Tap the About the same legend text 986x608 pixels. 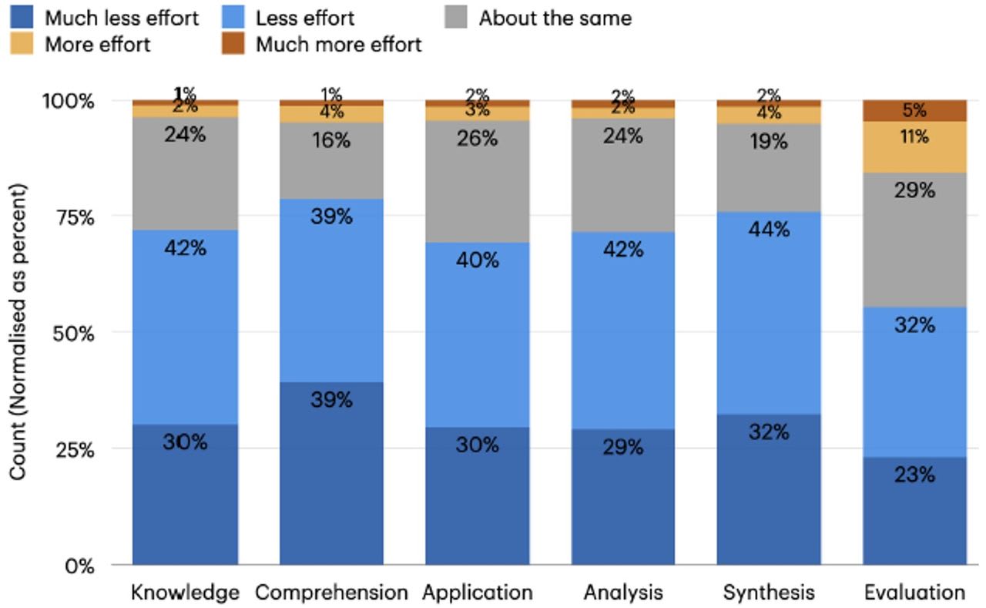(555, 18)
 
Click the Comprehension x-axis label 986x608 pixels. (331, 593)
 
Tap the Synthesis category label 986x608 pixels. (768, 593)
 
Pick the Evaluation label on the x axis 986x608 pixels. (914, 593)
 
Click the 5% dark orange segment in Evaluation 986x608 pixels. (914, 110)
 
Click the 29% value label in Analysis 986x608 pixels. (622, 448)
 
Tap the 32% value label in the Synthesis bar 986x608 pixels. (768, 432)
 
